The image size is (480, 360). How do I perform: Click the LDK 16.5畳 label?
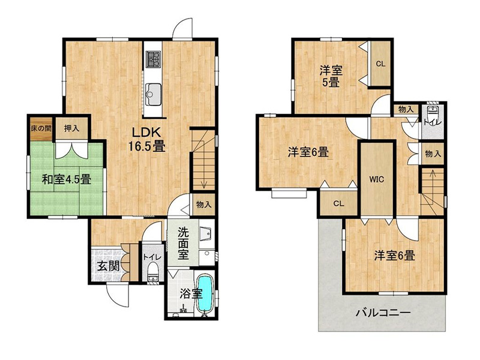[x=146, y=140]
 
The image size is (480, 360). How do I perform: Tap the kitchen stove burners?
[x=154, y=59]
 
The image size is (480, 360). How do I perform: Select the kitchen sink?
[x=154, y=94]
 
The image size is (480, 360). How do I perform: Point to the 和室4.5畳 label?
[x=67, y=179]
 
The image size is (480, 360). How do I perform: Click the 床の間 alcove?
[x=41, y=128]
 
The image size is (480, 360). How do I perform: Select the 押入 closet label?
[x=71, y=128]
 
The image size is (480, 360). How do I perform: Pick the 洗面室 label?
[x=183, y=244]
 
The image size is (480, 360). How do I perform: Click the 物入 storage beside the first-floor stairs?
[x=203, y=205]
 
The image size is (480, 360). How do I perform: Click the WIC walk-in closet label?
[x=377, y=179]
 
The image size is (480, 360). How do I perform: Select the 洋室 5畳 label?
[x=331, y=77]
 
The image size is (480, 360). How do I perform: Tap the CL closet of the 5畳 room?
[x=380, y=64]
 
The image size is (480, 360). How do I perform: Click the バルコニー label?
[x=383, y=313]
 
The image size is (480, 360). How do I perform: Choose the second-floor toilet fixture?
[x=432, y=115]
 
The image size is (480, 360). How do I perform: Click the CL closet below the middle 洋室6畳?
[x=339, y=203]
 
